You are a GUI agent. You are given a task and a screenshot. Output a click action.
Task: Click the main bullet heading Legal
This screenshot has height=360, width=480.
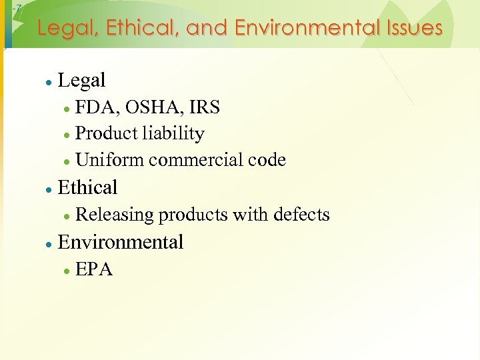(x=82, y=81)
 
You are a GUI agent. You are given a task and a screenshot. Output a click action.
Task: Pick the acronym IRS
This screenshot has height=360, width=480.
(x=203, y=107)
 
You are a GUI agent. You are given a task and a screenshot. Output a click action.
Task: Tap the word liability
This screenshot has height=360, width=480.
(x=173, y=133)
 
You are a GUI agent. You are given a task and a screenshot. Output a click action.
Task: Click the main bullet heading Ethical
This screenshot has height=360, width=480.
(x=88, y=187)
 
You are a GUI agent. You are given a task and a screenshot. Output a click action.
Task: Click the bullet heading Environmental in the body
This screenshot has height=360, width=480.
(x=121, y=242)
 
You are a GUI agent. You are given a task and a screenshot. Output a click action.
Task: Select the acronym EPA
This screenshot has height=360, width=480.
(x=94, y=269)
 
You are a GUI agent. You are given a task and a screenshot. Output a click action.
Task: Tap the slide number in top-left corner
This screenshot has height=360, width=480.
(x=18, y=7)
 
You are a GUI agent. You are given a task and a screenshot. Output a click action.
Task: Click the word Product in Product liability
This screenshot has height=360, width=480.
(x=106, y=133)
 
